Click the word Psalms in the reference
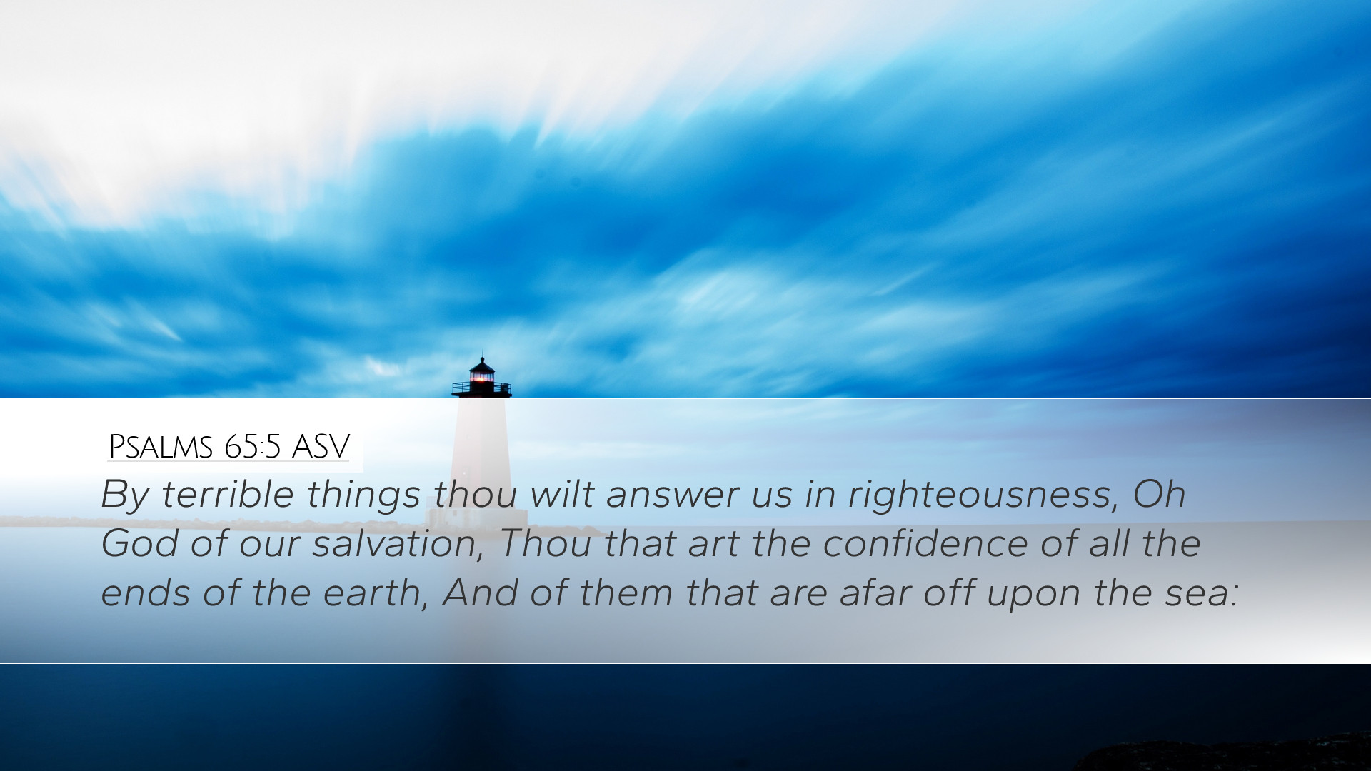click(x=161, y=448)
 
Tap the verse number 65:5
click(x=252, y=448)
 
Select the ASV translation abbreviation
click(x=321, y=448)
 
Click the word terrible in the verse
click(x=228, y=494)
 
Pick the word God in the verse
click(x=140, y=544)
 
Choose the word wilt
click(x=562, y=494)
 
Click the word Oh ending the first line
click(x=1159, y=494)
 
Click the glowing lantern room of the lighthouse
click(x=482, y=376)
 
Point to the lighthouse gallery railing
click(x=481, y=389)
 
